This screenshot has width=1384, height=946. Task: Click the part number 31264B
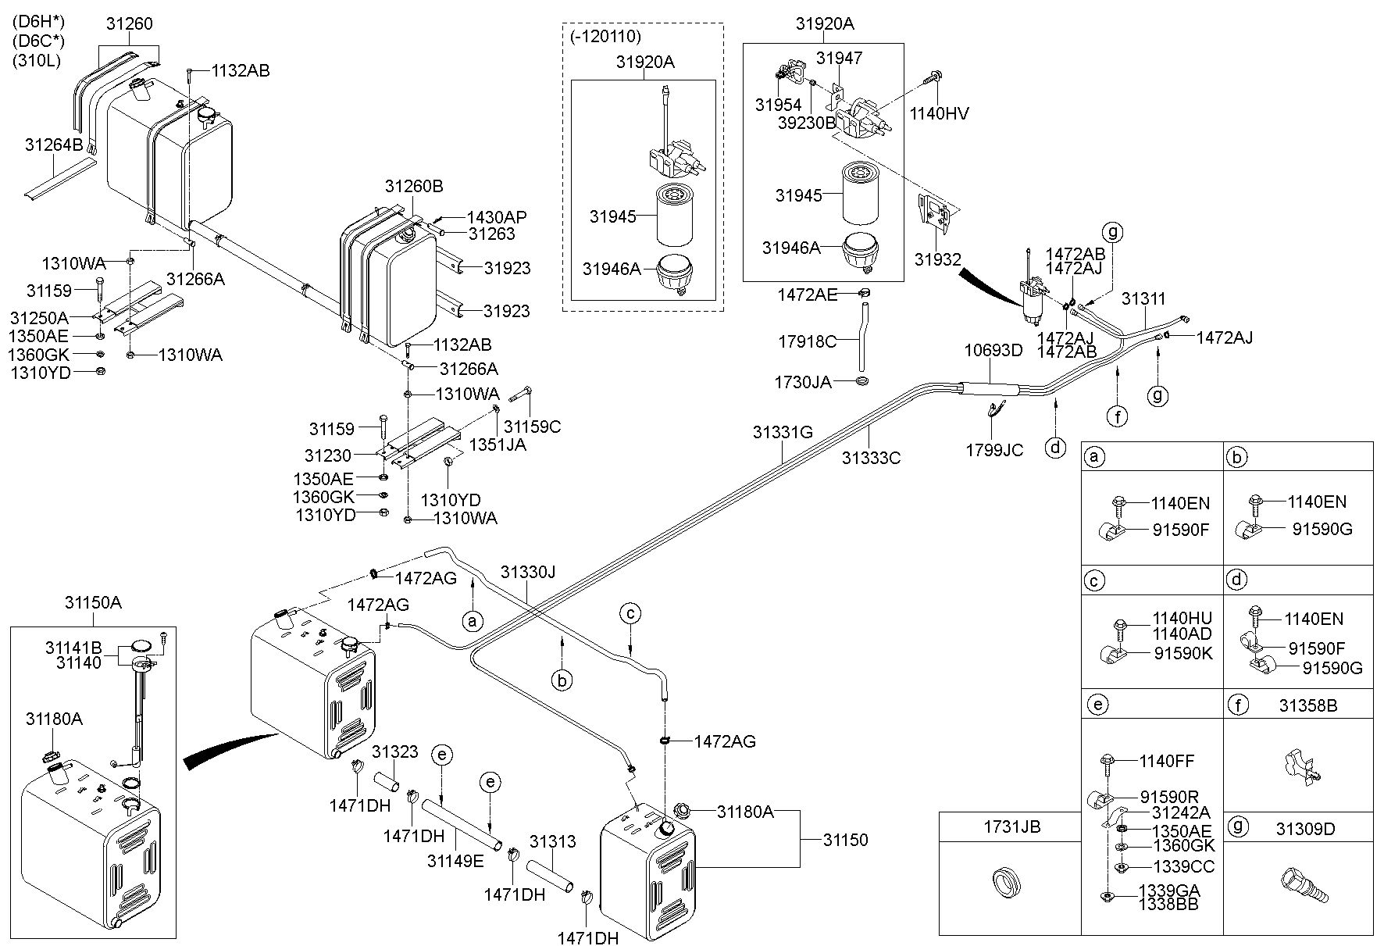coord(54,145)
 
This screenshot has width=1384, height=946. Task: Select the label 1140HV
coord(939,114)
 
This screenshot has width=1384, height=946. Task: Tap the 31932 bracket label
coord(938,259)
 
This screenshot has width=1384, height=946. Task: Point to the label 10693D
coord(993,350)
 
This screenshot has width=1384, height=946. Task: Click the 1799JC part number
coord(994,451)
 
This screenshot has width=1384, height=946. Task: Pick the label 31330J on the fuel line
coord(528,572)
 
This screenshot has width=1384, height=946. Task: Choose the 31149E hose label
coord(455,861)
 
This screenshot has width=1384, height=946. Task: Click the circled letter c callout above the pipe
coord(630,613)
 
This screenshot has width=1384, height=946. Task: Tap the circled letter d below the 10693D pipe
coord(1056,448)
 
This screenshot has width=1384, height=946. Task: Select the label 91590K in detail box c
coord(1183,653)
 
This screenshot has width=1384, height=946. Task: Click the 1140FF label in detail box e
coord(1167,761)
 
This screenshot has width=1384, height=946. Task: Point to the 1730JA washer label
coord(803,382)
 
